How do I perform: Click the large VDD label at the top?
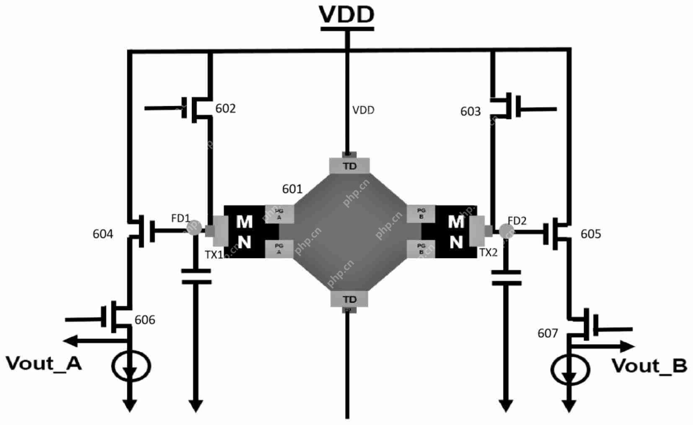[346, 14]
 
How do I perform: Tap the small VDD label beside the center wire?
[363, 110]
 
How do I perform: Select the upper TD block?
[349, 166]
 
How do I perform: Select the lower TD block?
[349, 299]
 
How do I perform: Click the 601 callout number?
[292, 189]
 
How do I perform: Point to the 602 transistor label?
[225, 109]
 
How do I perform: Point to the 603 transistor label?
[470, 111]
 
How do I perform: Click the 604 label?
[103, 234]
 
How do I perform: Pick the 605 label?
[591, 234]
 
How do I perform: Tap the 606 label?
[145, 320]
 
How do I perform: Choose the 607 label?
[548, 333]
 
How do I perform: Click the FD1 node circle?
[194, 228]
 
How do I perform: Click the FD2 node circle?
[506, 230]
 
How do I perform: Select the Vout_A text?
[44, 364]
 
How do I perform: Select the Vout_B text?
[649, 366]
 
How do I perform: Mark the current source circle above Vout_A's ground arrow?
[131, 366]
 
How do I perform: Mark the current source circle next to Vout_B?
[570, 369]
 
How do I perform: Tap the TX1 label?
[214, 254]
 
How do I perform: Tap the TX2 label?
[488, 252]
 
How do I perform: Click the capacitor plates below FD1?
[196, 277]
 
